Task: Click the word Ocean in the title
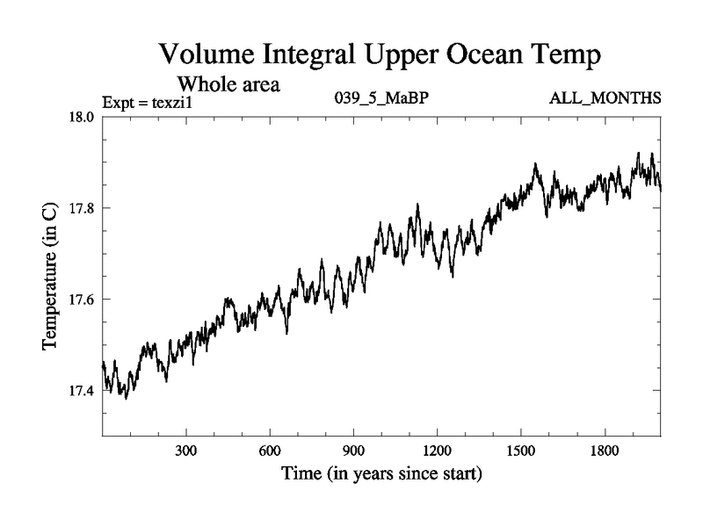(x=483, y=54)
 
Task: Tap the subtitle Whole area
(x=229, y=84)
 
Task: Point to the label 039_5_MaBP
(x=382, y=97)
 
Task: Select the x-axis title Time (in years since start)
(x=381, y=475)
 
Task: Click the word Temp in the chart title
(x=569, y=56)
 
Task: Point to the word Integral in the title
(x=303, y=56)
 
